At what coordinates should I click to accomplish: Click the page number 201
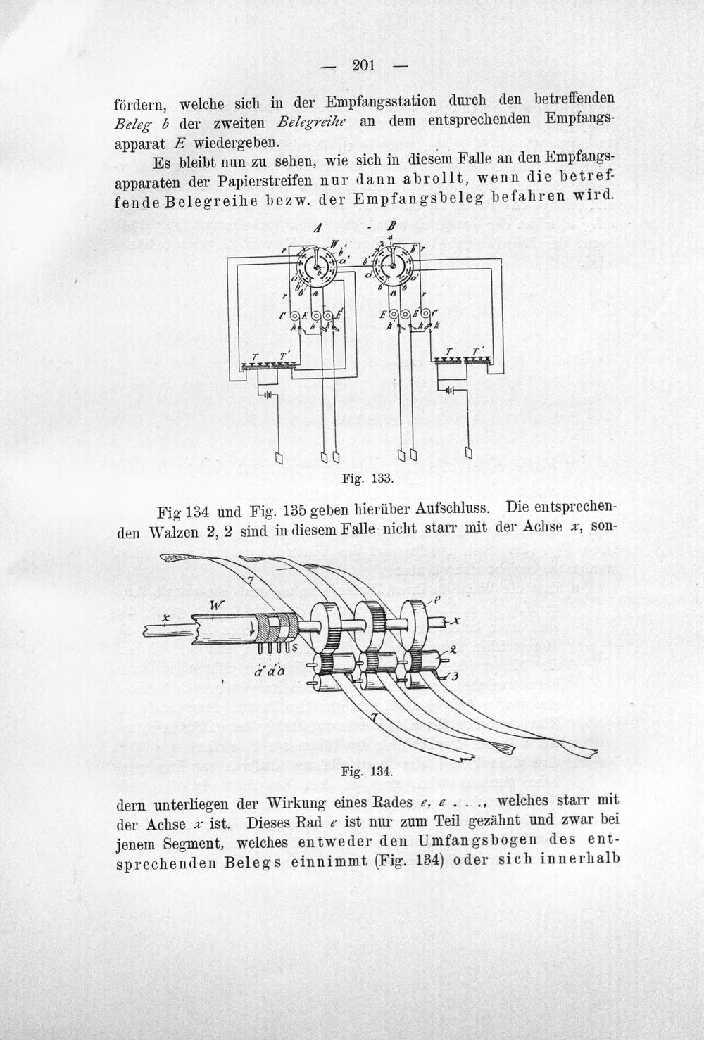click(363, 66)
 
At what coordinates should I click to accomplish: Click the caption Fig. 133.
click(367, 478)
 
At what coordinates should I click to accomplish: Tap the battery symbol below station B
click(450, 391)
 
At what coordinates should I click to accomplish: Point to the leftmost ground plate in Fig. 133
click(279, 457)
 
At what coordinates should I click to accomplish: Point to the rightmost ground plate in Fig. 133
click(469, 453)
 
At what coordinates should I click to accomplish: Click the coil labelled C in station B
click(426, 314)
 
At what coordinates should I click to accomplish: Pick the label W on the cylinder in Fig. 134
click(216, 606)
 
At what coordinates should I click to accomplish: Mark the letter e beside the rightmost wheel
click(436, 599)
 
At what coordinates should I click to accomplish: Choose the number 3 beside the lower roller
click(455, 676)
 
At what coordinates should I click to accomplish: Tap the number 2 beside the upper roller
click(453, 650)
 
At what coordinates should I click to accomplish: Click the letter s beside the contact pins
click(294, 647)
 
